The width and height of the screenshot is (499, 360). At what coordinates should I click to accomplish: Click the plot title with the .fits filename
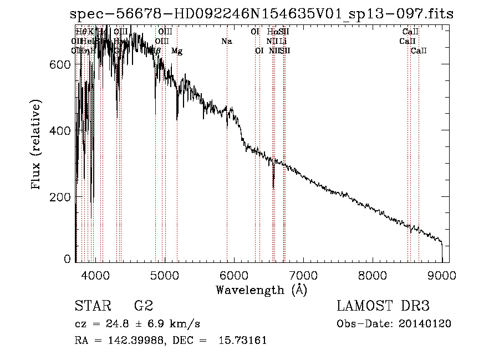click(x=262, y=14)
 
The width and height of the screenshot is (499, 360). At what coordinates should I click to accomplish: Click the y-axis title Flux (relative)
click(x=37, y=145)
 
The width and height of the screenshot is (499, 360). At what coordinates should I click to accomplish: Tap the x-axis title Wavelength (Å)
click(x=261, y=290)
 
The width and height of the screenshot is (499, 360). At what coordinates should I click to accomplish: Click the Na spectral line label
click(x=226, y=41)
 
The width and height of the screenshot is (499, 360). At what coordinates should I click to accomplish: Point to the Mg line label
click(x=177, y=51)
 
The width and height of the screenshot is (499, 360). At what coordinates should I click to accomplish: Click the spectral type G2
click(x=144, y=306)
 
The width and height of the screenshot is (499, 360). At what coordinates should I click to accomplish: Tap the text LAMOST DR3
click(x=383, y=306)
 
